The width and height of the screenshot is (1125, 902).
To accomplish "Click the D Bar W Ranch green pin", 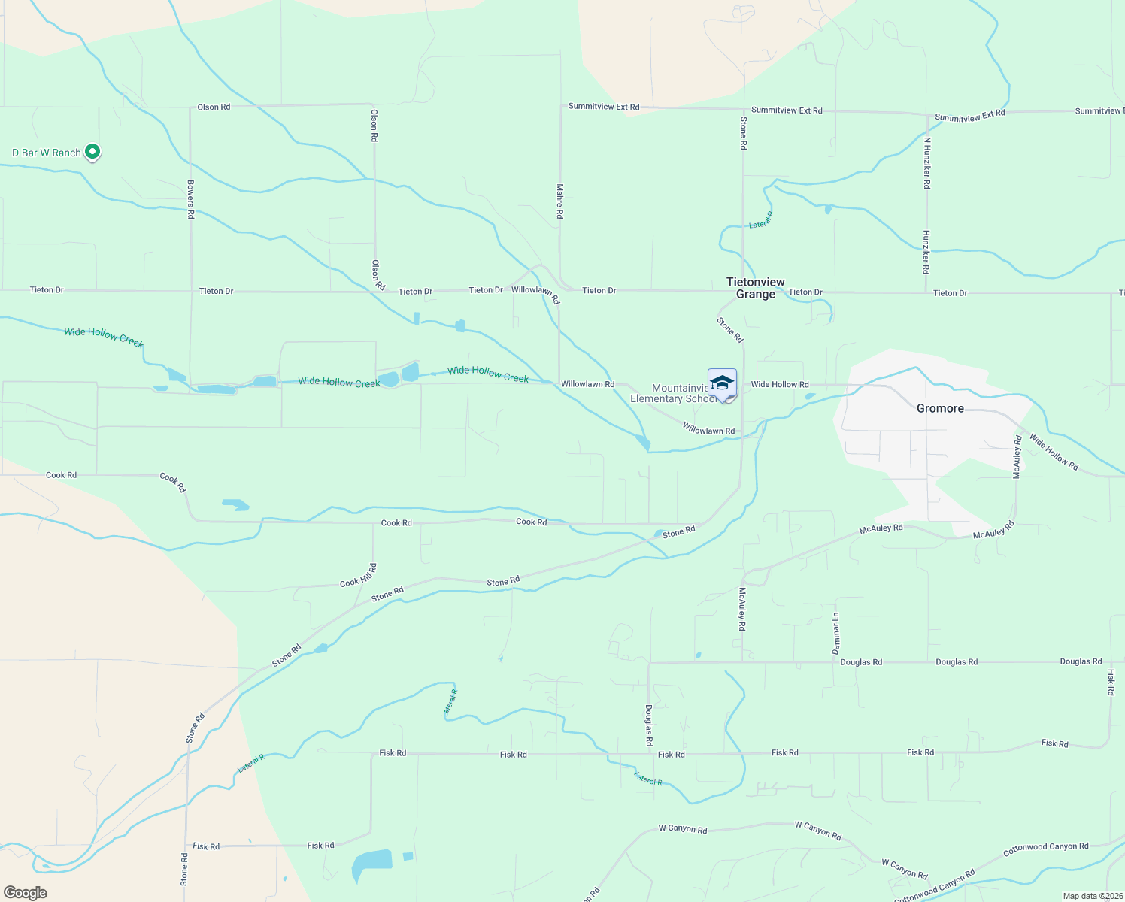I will point(92,152).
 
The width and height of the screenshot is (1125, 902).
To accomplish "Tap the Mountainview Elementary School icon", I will point(722,384).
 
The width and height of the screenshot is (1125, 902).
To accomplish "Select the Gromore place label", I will point(940,408).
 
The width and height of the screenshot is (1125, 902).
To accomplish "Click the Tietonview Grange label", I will point(755,288).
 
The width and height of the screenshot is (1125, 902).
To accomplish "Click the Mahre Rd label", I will point(559,201).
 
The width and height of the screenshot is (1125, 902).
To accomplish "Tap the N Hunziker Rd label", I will point(927,162).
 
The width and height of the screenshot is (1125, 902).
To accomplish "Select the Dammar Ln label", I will point(835,633).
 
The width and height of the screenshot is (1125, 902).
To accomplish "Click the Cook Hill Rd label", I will point(358,576).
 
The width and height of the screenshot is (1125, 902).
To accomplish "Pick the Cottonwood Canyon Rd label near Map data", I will point(935,885).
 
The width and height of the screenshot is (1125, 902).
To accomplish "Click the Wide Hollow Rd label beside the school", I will point(780,384).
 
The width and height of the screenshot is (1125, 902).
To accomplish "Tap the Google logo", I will point(26,892).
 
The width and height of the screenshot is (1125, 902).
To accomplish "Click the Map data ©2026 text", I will point(1091,896).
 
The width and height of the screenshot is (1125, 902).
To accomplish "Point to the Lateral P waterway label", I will point(761,220).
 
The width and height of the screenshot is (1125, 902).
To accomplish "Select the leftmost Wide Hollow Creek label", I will point(103,337).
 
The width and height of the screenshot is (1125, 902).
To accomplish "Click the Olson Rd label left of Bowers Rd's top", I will point(214,107).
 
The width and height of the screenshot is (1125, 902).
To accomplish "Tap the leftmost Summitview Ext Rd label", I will point(604,107).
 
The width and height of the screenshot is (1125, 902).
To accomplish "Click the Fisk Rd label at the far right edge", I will point(1111,681).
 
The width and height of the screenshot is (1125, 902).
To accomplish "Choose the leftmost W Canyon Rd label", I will point(683,829).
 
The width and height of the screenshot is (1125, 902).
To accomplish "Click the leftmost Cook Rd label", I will point(61,475).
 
